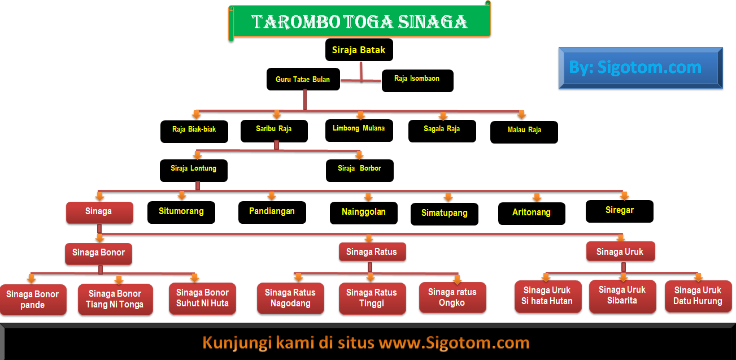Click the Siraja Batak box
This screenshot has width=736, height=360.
coord(359,50)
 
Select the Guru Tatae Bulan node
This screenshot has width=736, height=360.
coord(303,80)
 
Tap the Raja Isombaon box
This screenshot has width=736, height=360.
coord(417,80)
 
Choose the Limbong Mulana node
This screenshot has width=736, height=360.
coord(359,129)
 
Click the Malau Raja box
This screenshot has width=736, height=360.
coord(524,131)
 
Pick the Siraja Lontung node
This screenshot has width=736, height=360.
coord(194,170)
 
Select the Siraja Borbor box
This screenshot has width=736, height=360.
coord(360,170)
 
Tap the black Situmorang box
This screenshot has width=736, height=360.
coord(181,212)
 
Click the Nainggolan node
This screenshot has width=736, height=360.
coord(364,212)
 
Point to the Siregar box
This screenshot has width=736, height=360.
coord(620,211)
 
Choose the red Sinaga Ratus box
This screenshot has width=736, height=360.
coord(372,252)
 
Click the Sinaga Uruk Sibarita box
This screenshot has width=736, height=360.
coord(622,296)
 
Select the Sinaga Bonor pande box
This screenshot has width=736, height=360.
coord(33,300)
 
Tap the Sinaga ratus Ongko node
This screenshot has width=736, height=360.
coord(452,297)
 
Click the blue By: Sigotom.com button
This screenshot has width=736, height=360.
coord(641,68)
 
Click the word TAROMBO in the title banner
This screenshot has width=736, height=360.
coord(295,22)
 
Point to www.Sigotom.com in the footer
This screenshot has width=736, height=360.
coord(454,342)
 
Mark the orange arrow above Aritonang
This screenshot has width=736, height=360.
coord(537,197)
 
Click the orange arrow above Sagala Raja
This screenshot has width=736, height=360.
coord(443,116)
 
